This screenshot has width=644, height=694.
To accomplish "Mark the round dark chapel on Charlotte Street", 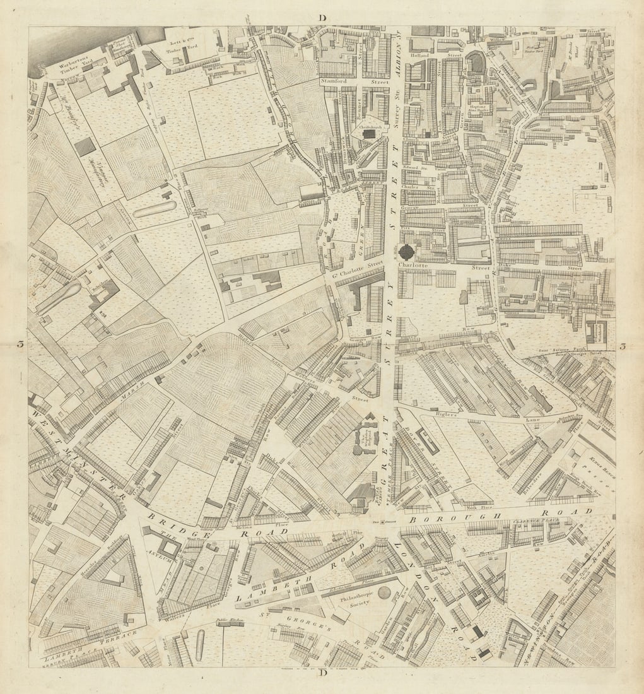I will click(x=407, y=252).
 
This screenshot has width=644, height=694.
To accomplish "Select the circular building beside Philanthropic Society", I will click(x=385, y=592).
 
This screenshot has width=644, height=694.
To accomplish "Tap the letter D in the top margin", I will click(x=322, y=18).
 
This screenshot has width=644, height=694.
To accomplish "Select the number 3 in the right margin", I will click(x=623, y=345).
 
